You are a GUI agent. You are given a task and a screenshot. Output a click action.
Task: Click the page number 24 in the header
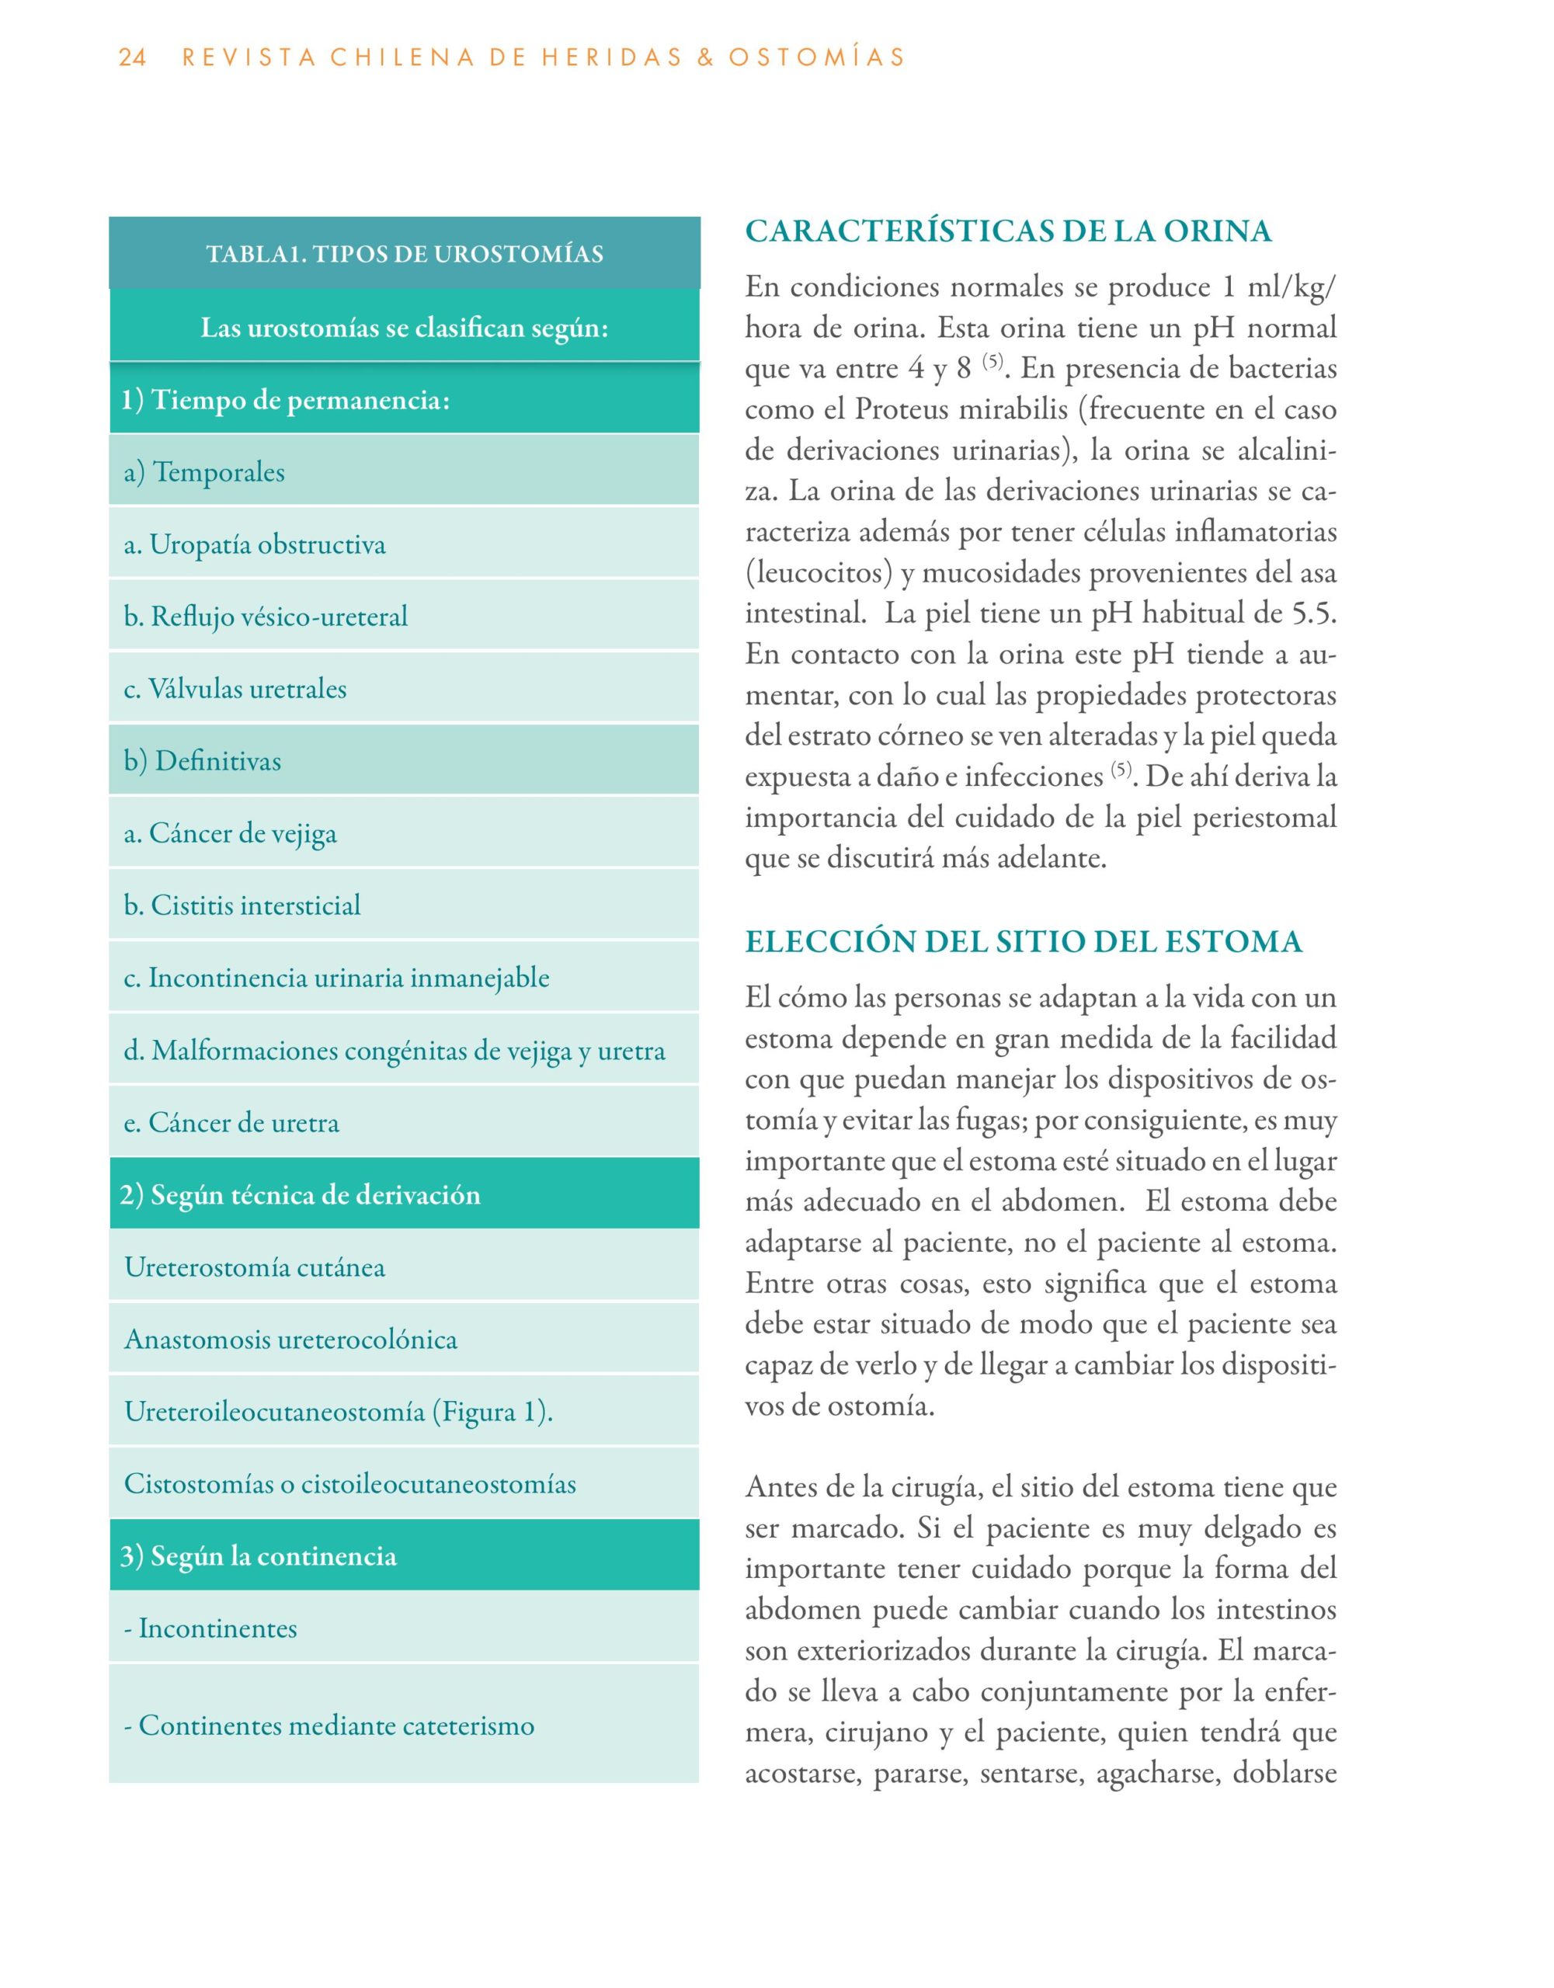132,57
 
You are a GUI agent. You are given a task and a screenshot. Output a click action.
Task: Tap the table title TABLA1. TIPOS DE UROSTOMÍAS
404,253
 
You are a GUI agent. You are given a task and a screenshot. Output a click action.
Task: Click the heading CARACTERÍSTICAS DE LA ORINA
1008,231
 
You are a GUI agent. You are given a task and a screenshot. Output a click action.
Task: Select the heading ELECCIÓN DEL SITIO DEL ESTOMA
1024,941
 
